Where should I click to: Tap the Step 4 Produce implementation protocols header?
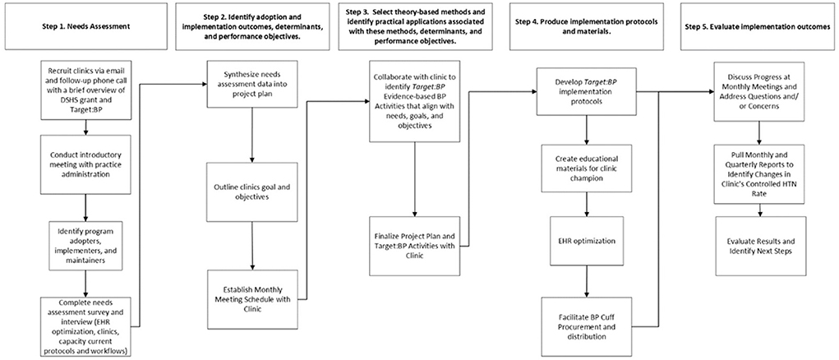pos(587,26)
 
